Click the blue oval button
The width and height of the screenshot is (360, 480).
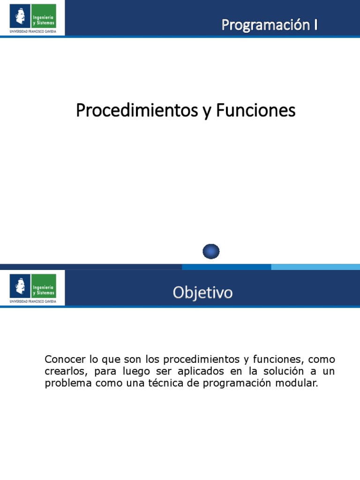(x=211, y=252)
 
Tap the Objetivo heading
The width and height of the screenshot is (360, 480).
(x=202, y=293)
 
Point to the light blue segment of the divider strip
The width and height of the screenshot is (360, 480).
(x=315, y=267)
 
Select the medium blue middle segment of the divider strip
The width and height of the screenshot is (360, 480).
(x=226, y=267)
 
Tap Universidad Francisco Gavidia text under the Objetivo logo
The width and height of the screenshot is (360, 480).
(x=33, y=301)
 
